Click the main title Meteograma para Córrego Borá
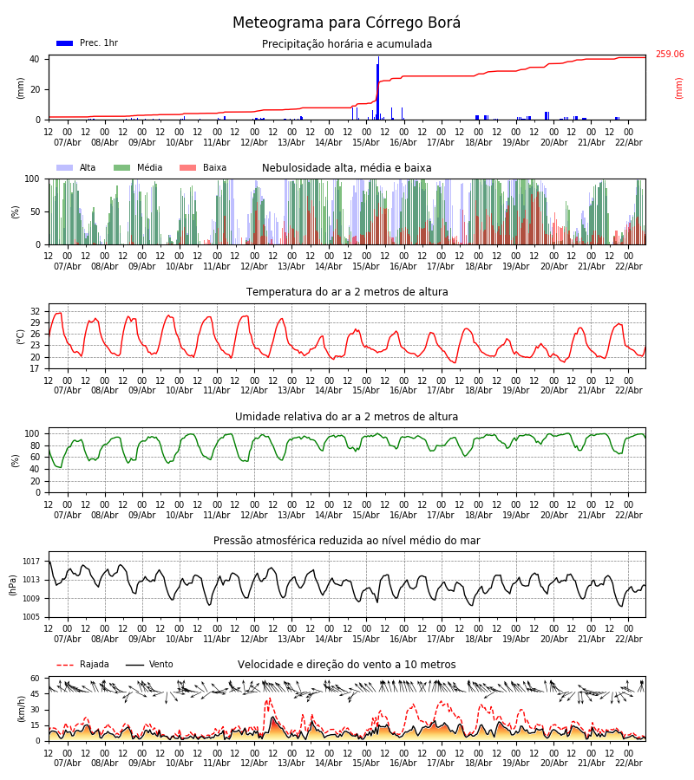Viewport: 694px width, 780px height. pyautogui.click(x=346, y=23)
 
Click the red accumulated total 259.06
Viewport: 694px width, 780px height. pyautogui.click(x=669, y=55)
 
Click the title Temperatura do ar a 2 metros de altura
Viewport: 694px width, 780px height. pyautogui.click(x=347, y=293)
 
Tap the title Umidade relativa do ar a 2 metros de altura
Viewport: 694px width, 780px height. pyautogui.click(x=346, y=417)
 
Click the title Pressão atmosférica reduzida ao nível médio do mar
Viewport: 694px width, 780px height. pyautogui.click(x=346, y=541)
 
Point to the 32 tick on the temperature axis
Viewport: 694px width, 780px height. pyautogui.click(x=35, y=311)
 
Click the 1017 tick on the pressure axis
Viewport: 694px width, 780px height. pyautogui.click(x=31, y=562)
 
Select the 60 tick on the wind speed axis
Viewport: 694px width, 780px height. pyautogui.click(x=35, y=679)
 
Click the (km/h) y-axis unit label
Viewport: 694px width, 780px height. pyautogui.click(x=21, y=708)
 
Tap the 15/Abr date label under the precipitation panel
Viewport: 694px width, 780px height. pyautogui.click(x=365, y=143)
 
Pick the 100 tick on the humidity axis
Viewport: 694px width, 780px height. pyautogui.click(x=32, y=433)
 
